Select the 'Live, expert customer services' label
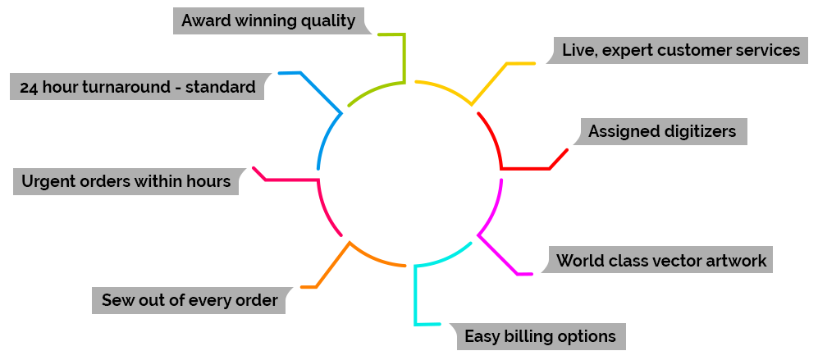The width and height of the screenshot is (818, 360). (680, 50)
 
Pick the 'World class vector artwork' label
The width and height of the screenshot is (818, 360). (660, 261)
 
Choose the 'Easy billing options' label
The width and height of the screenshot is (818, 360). (539, 336)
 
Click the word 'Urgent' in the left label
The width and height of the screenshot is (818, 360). (48, 181)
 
